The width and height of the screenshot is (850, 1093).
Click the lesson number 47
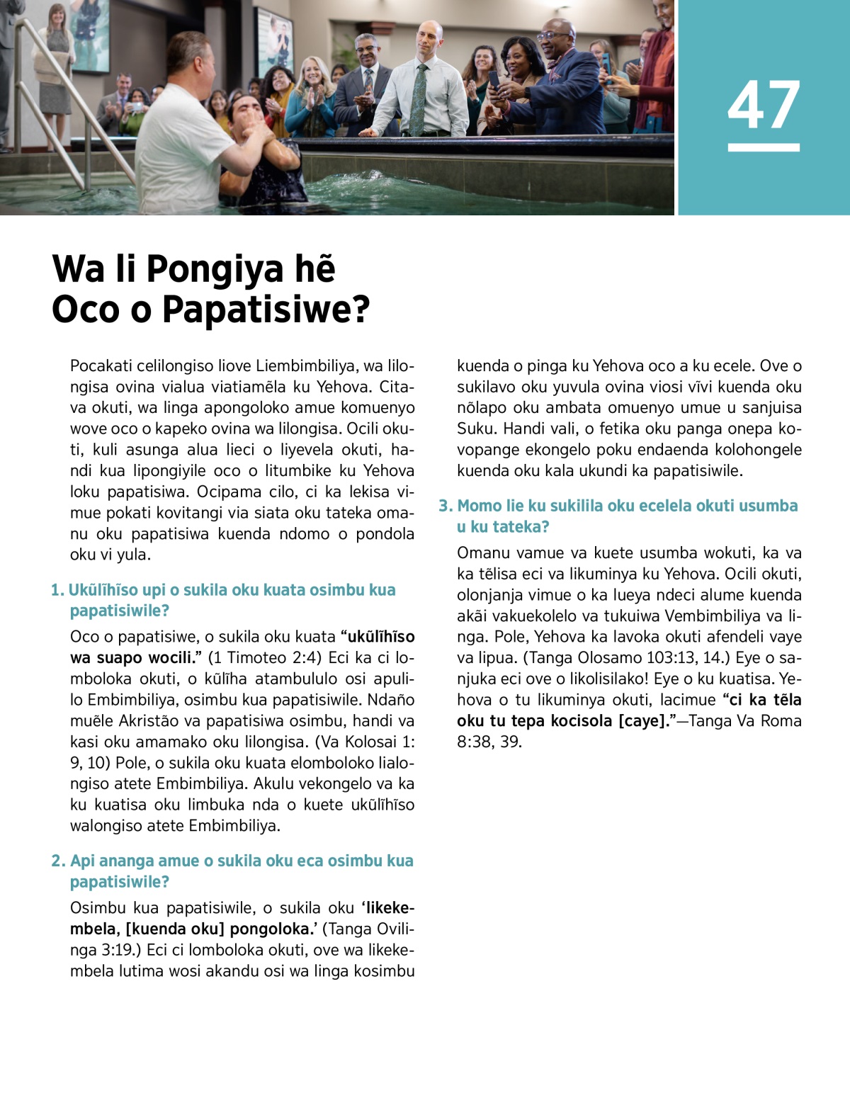tap(764, 105)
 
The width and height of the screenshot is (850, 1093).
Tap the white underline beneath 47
tap(764, 147)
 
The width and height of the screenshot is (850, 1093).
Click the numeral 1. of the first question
tap(57, 590)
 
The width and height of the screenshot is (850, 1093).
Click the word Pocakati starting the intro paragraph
tap(101, 366)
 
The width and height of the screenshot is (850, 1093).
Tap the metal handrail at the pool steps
tap(67, 92)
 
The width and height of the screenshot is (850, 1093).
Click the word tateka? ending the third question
tap(521, 527)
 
